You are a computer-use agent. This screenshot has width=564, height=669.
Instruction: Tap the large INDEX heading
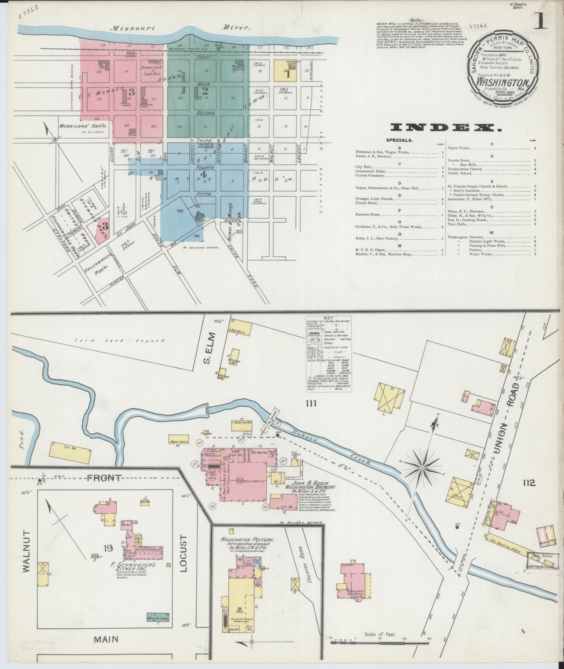tap(446, 128)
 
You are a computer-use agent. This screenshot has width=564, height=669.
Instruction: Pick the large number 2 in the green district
tap(205, 91)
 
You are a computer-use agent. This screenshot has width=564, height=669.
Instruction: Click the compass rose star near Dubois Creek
tap(422, 467)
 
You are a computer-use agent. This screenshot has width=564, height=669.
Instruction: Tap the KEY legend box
tap(329, 354)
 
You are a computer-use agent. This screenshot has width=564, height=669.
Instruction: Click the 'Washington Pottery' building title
tap(247, 540)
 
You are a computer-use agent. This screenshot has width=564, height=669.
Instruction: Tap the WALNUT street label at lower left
tap(26, 551)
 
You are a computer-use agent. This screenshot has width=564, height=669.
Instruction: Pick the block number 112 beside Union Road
tap(529, 483)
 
